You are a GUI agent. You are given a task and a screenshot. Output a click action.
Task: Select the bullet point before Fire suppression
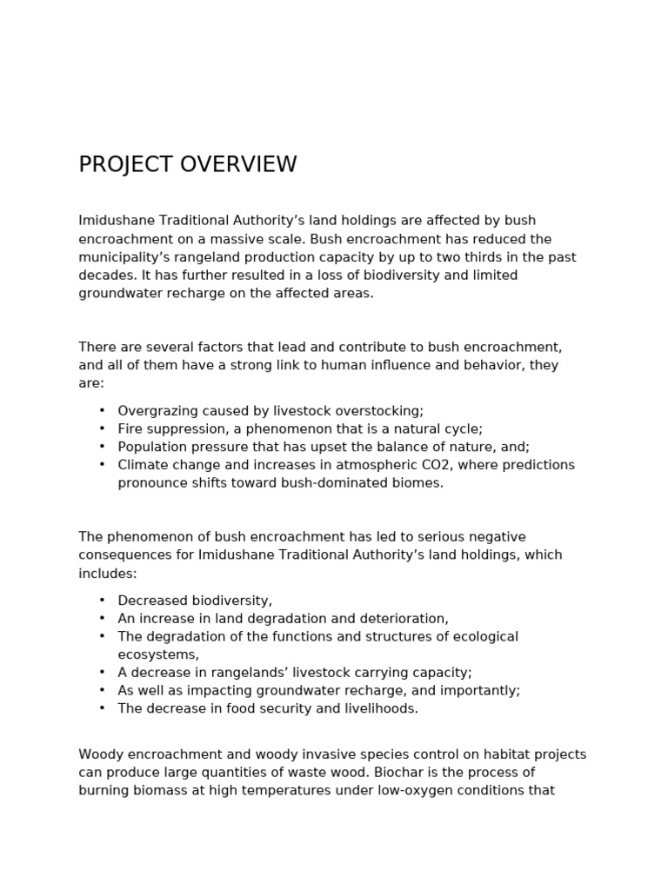coord(102,429)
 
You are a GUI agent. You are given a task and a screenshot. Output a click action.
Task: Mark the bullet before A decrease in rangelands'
coord(102,673)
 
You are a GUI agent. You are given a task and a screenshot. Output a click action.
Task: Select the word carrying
coord(389,673)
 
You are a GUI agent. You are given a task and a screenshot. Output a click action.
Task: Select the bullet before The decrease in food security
coord(102,708)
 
